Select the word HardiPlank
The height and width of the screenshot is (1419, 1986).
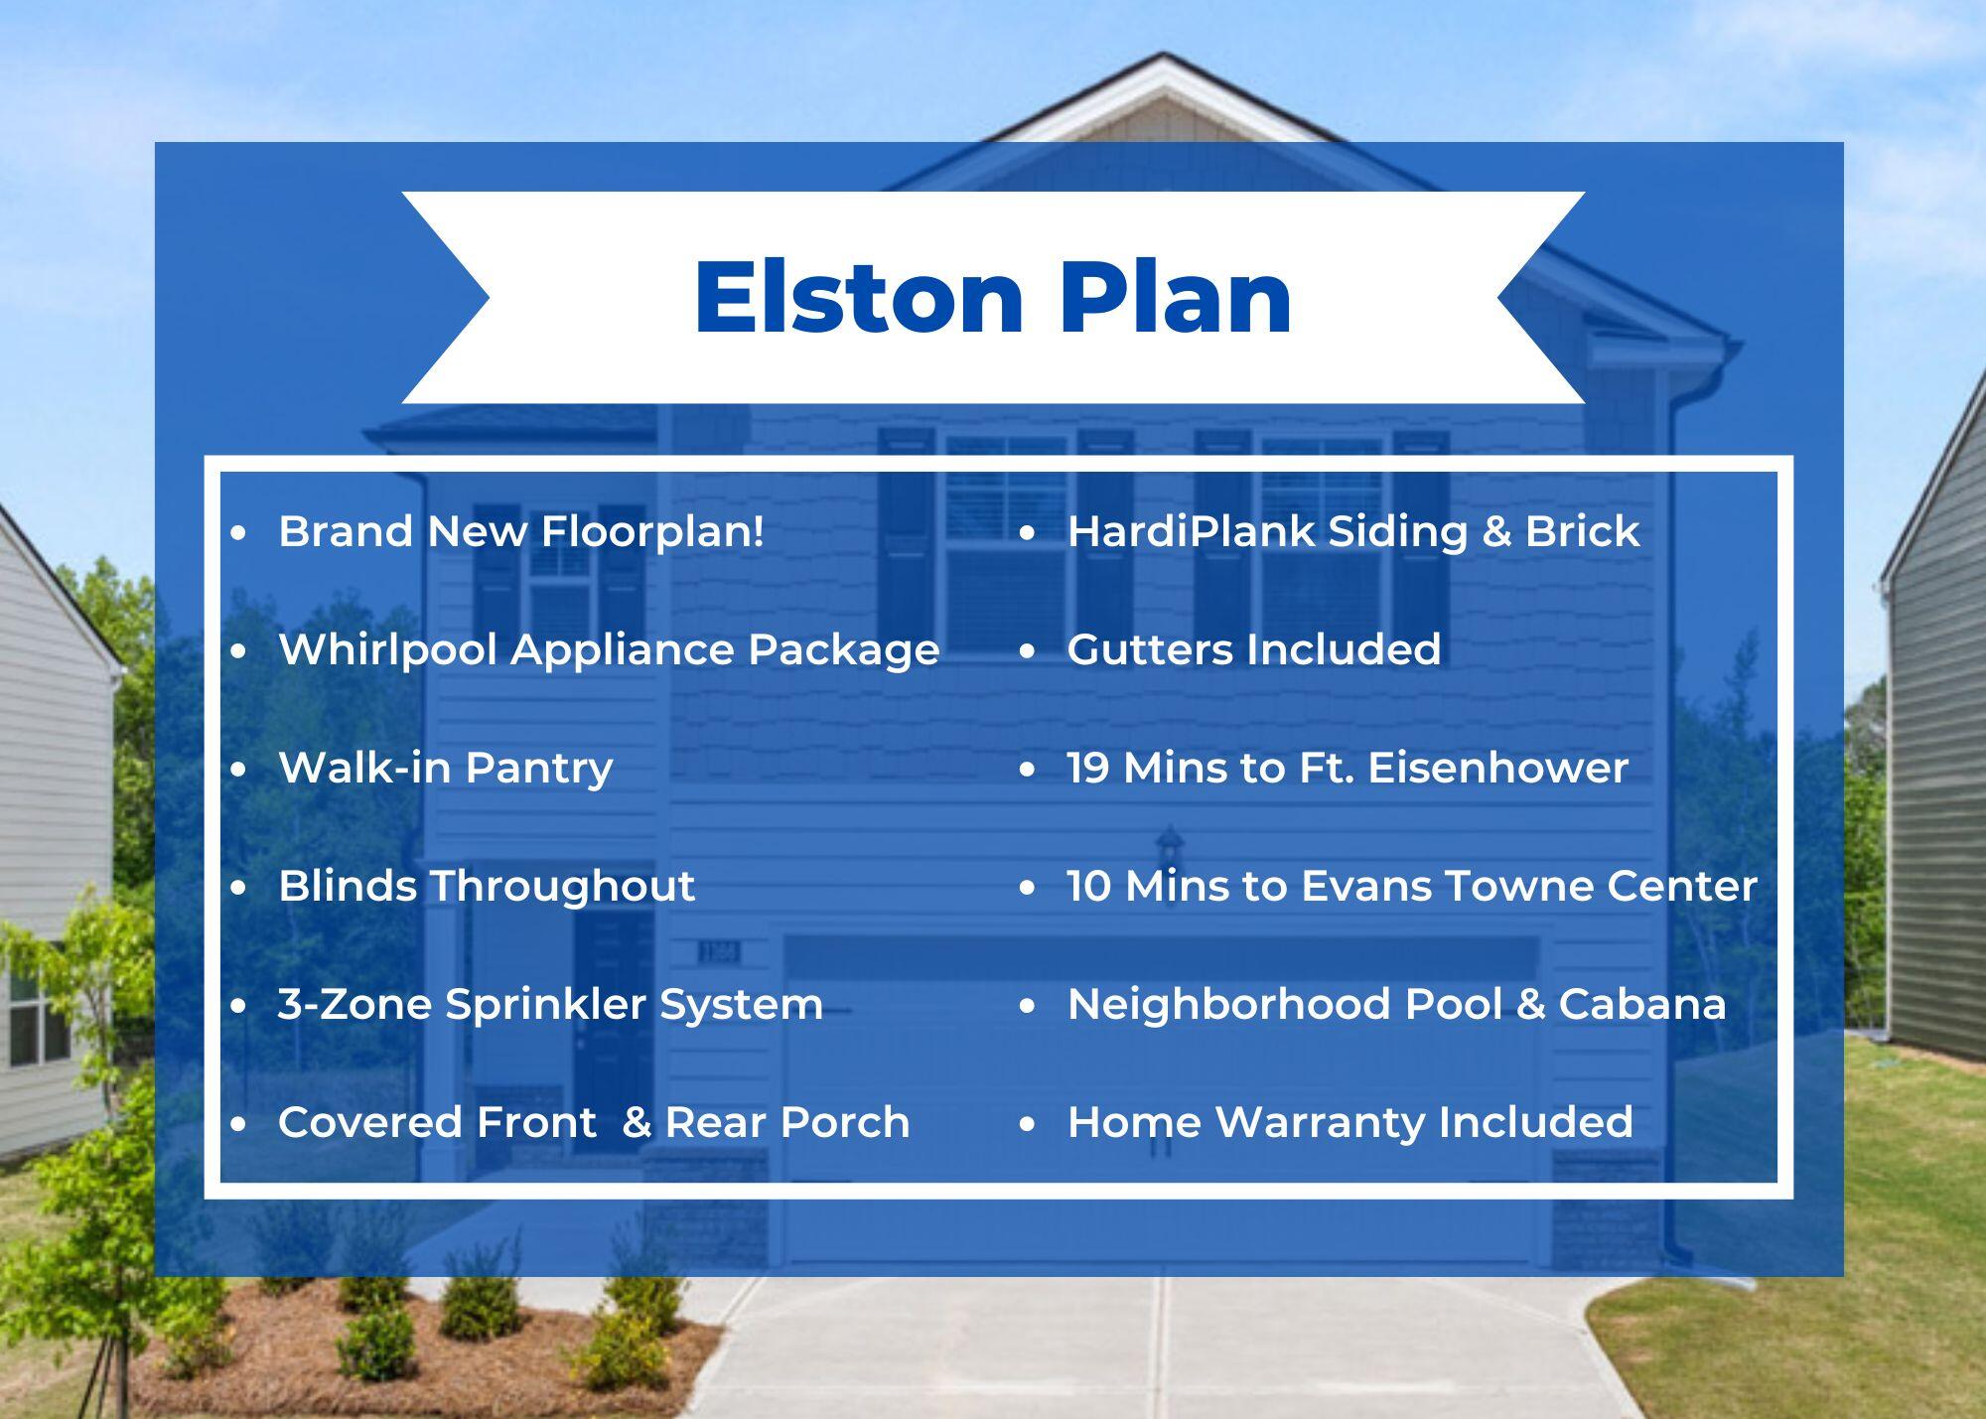click(1191, 532)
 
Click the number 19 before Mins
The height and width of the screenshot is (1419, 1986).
click(1087, 768)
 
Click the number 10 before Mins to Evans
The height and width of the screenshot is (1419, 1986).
click(1088, 886)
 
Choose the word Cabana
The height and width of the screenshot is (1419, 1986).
click(1641, 1004)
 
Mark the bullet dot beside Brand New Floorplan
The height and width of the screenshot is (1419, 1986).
click(238, 533)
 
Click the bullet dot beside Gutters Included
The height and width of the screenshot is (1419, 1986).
click(1027, 651)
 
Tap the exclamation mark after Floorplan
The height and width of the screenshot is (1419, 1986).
click(759, 530)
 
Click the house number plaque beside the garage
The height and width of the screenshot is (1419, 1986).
click(719, 953)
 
